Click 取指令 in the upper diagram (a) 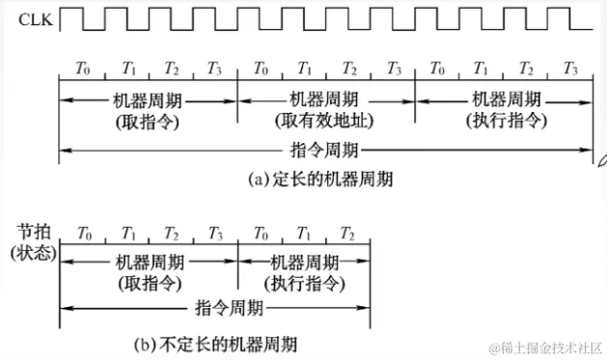[148, 120]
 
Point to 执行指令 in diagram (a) [504, 120]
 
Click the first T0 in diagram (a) [83, 69]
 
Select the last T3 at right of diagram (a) [570, 69]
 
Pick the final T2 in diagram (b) [348, 233]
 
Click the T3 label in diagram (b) [214, 233]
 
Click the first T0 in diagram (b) [83, 233]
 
